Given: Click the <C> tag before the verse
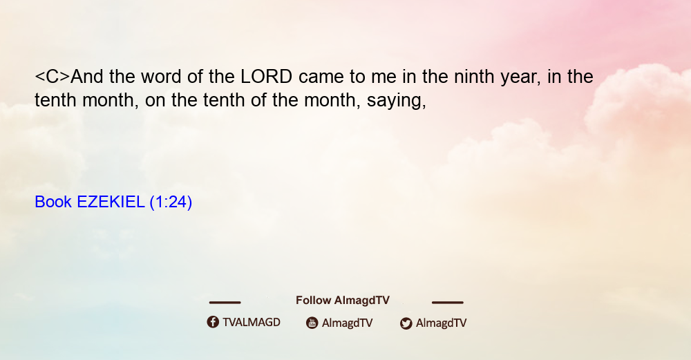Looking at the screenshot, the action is pos(53,77).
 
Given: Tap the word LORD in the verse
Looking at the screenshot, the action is pos(266,77).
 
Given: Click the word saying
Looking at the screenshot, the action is pos(396,101).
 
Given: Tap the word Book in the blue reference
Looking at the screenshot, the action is pos(53,202).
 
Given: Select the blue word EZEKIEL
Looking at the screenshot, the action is pos(111,202).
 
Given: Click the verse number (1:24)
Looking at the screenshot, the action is pos(171,202).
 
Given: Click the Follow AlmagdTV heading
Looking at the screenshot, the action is pos(343,301).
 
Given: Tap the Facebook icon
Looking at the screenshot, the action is pos(213,322).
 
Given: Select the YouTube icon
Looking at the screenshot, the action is pos(312,323).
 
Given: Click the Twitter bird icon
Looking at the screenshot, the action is pos(406,323).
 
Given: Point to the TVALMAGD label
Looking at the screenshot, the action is pos(252,323).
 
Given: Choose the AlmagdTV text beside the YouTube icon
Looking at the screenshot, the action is pos(348,323).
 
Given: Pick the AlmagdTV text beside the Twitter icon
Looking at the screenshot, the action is pos(441,323).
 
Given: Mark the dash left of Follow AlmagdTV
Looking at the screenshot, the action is pos(225,302).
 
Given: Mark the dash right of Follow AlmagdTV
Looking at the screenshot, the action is pos(448,302).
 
